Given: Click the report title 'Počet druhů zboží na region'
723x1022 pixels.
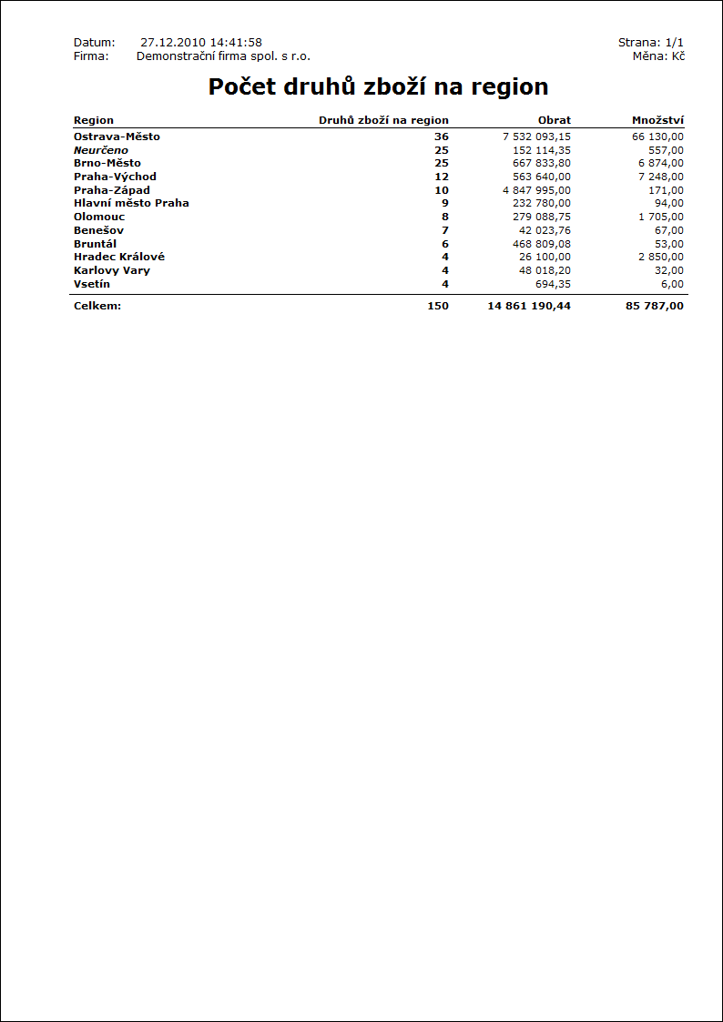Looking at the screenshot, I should point(378,87).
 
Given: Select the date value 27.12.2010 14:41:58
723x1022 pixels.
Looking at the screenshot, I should point(201,43).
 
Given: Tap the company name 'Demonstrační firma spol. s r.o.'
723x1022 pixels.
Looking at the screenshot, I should point(223,56).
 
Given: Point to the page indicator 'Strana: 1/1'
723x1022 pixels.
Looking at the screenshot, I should point(650,43).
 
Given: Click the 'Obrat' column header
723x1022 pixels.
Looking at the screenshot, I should point(555,120).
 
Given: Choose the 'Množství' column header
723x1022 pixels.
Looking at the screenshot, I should point(657,120).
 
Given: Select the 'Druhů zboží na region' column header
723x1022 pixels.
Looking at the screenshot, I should point(383,120).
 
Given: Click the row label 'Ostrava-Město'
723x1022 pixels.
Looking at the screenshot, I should point(117,137).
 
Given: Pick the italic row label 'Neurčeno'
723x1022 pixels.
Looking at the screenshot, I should point(101,150).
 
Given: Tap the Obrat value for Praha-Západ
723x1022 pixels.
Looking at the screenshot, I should point(536,190).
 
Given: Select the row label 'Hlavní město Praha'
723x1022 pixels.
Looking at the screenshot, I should point(131,203).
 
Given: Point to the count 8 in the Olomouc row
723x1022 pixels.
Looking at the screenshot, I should point(445,217).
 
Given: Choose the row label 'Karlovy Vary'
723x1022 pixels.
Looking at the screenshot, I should point(112,270).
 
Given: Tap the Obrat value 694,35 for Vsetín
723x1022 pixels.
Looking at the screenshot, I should point(553,284).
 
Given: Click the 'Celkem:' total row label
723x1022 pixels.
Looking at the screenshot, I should point(97,306).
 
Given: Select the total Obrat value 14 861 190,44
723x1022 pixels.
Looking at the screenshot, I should point(529,306).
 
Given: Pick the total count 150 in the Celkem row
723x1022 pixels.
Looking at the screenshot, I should point(438,306).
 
